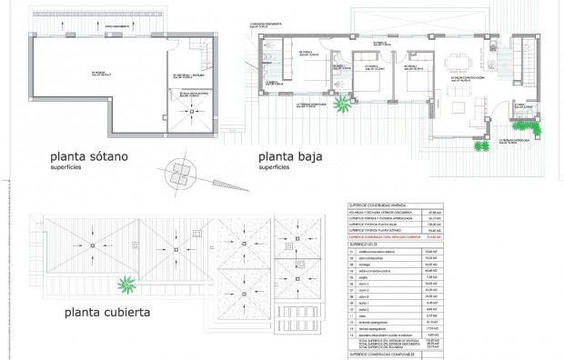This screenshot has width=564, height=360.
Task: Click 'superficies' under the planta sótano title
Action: tap(72, 168)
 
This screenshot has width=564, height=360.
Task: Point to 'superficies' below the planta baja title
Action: tap(276, 168)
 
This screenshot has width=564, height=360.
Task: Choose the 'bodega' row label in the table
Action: tap(372, 266)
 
